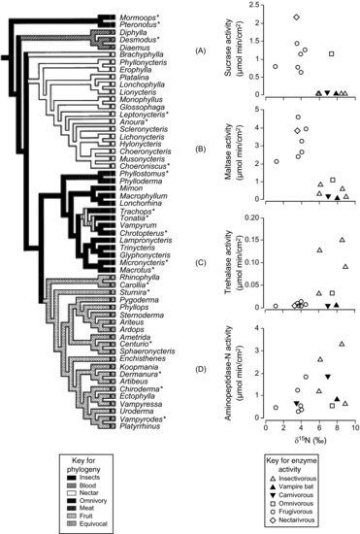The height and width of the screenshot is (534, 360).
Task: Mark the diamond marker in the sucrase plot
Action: coord(296,17)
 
